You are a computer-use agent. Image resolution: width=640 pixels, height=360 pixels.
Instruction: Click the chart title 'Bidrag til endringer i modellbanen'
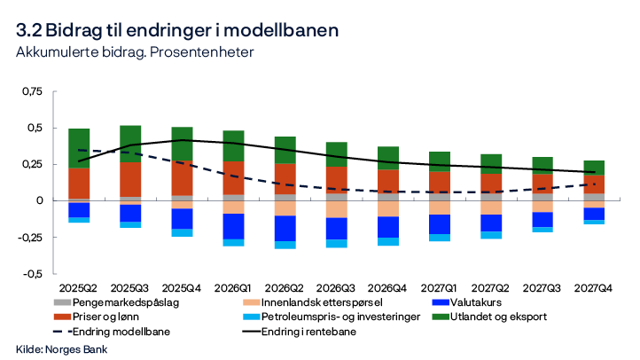177,30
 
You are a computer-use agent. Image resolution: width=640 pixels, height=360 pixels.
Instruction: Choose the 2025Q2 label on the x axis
78,287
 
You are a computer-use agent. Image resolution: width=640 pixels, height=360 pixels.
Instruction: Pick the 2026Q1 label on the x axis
233,287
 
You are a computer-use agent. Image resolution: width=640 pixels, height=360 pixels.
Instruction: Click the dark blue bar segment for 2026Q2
285,228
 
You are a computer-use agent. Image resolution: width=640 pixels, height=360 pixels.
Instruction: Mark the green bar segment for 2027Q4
596,168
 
